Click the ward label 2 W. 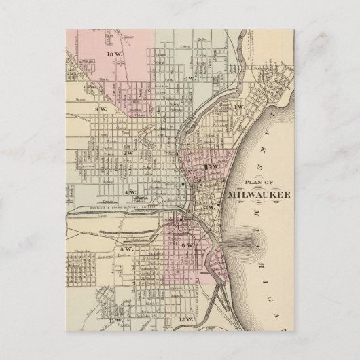(x=128, y=153)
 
